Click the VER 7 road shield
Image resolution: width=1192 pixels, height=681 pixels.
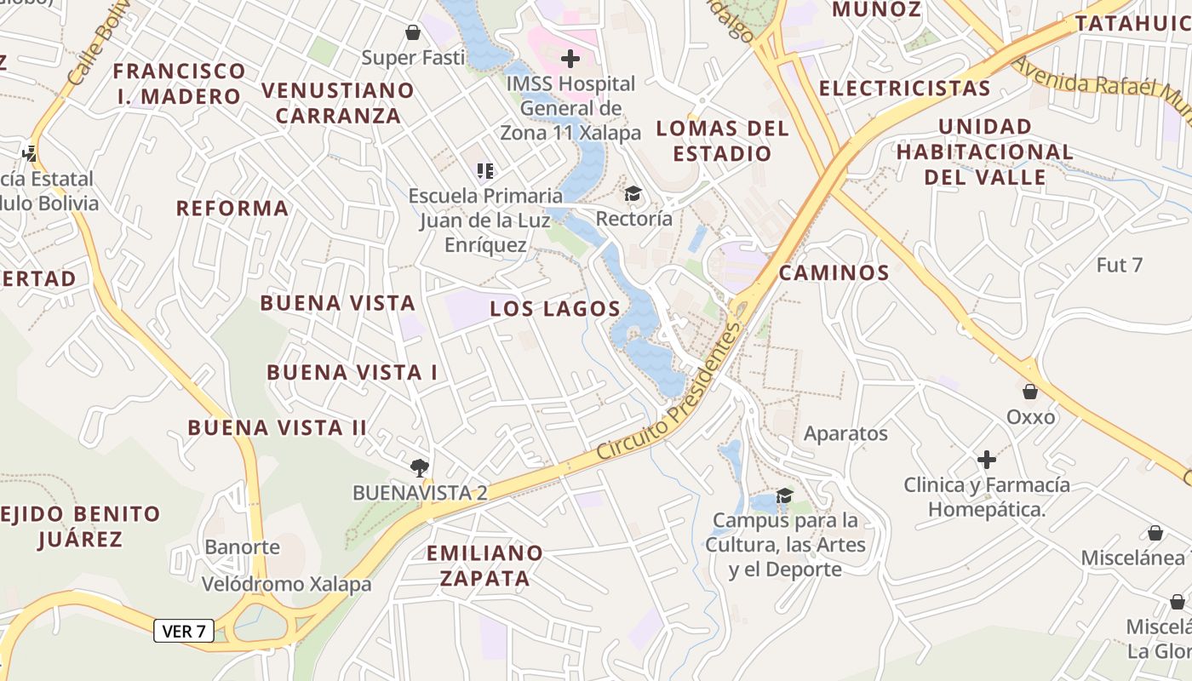pyautogui.click(x=184, y=631)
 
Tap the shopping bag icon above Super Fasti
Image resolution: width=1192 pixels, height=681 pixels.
pyautogui.click(x=413, y=32)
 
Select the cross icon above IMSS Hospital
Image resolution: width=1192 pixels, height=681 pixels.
pyautogui.click(x=570, y=59)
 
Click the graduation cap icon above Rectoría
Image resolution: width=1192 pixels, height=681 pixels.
pyautogui.click(x=633, y=194)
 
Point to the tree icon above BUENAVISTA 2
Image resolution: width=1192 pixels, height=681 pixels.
pyautogui.click(x=418, y=466)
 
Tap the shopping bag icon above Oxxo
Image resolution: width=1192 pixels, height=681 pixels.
pyautogui.click(x=1030, y=392)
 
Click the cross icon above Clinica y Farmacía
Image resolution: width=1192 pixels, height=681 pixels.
pyautogui.click(x=987, y=460)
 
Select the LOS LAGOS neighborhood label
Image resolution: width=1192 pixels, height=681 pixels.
pyautogui.click(x=555, y=309)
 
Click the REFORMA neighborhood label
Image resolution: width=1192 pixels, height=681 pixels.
pyautogui.click(x=232, y=209)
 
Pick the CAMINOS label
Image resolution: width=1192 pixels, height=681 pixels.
pyautogui.click(x=834, y=273)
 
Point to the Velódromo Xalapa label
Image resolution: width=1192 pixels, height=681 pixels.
pyautogui.click(x=286, y=584)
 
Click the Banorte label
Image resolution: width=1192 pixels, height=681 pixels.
pyautogui.click(x=242, y=547)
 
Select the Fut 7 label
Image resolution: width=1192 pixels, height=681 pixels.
pyautogui.click(x=1119, y=265)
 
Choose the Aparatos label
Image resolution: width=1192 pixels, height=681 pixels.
pyautogui.click(x=845, y=433)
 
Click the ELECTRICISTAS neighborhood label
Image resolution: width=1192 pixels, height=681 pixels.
pyautogui.click(x=904, y=89)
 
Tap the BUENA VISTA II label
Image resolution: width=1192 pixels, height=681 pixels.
pyautogui.click(x=278, y=427)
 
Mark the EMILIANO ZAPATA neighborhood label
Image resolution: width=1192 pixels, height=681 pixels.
pyautogui.click(x=484, y=565)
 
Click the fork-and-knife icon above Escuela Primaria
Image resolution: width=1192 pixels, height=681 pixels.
pyautogui.click(x=485, y=171)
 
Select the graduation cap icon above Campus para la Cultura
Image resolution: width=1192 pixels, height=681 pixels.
pyautogui.click(x=785, y=495)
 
